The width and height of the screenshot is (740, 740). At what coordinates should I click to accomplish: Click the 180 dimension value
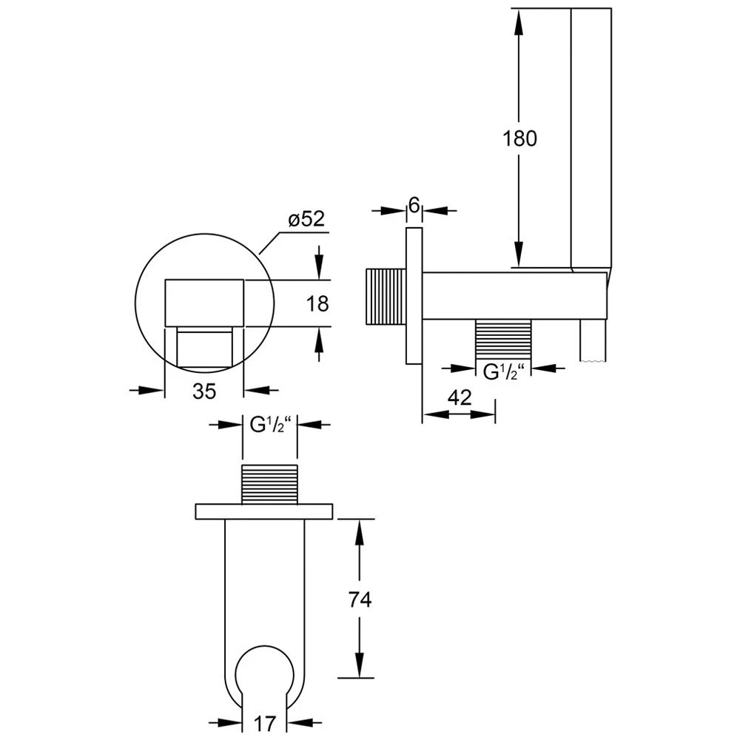pyautogui.click(x=519, y=139)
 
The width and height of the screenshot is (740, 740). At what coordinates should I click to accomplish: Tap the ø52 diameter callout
pyautogui.click(x=307, y=219)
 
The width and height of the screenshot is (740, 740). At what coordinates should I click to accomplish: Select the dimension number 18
pyautogui.click(x=317, y=303)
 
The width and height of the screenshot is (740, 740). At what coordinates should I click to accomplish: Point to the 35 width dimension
pyautogui.click(x=204, y=391)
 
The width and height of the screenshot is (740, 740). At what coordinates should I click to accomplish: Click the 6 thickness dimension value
pyautogui.click(x=414, y=205)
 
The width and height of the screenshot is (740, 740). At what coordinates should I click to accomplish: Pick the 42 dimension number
pyautogui.click(x=460, y=398)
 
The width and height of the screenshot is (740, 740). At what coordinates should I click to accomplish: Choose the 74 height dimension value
pyautogui.click(x=360, y=600)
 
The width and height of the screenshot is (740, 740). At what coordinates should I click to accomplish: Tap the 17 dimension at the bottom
pyautogui.click(x=264, y=723)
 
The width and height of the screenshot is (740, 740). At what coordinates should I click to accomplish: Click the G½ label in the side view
pyautogui.click(x=503, y=372)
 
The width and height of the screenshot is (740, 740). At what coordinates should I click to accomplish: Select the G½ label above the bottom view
pyautogui.click(x=271, y=425)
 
